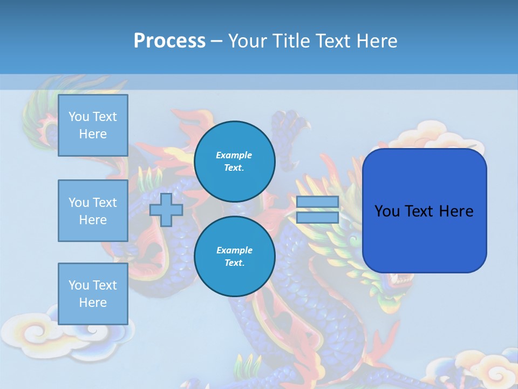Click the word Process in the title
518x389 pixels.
point(169,41)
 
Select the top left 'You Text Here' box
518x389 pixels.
point(93,125)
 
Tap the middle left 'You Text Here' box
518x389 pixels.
point(93,211)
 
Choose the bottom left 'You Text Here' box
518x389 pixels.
point(93,294)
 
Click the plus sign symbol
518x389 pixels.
point(166,210)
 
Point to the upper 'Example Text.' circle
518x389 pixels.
point(234,162)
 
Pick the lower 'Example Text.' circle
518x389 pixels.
point(234,257)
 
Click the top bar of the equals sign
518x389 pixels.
point(317,202)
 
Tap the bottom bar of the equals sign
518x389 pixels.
point(317,217)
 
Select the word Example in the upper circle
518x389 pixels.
point(234,155)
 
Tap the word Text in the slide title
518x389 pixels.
point(331,41)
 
